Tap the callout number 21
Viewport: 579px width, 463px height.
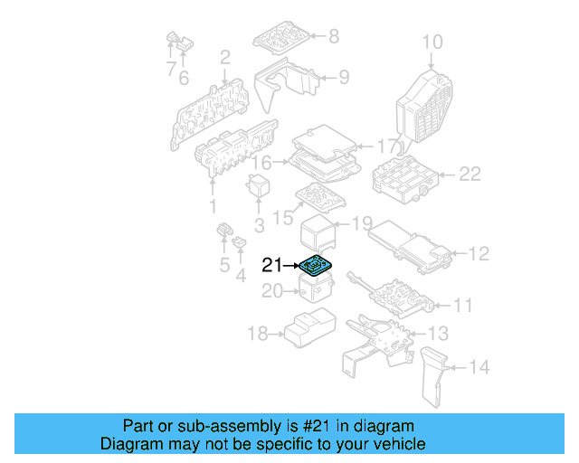click(272, 266)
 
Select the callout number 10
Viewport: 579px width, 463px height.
click(432, 42)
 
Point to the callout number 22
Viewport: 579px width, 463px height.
click(470, 175)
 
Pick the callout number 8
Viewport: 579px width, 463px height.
click(333, 36)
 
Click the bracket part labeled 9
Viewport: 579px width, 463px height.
click(289, 81)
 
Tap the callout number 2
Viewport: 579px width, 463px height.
click(225, 58)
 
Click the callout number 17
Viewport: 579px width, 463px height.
click(386, 146)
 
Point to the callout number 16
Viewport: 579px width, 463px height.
click(261, 164)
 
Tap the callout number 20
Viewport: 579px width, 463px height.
click(272, 291)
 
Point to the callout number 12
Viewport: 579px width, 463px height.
click(478, 254)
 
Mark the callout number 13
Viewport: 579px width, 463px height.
click(438, 334)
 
